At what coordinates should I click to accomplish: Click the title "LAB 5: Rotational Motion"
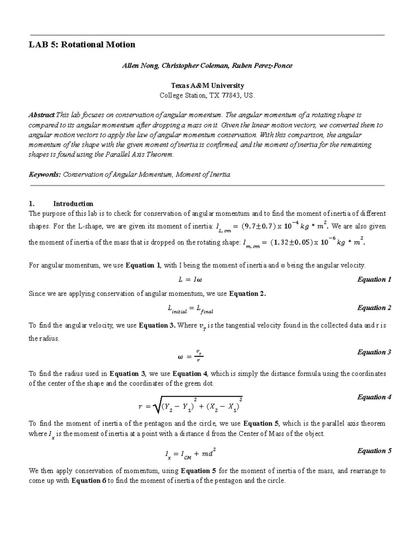tap(82, 45)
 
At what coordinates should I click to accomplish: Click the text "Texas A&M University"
tap(207, 85)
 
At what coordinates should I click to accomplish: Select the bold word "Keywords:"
tap(44, 175)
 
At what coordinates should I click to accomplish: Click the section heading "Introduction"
tap(73, 204)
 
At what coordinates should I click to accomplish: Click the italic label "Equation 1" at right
tap(374, 279)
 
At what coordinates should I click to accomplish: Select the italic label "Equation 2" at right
tap(374, 308)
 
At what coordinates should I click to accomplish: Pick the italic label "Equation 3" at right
tap(374, 352)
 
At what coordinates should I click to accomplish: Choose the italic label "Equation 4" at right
tap(374, 397)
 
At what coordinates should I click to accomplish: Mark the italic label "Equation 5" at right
tap(374, 451)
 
